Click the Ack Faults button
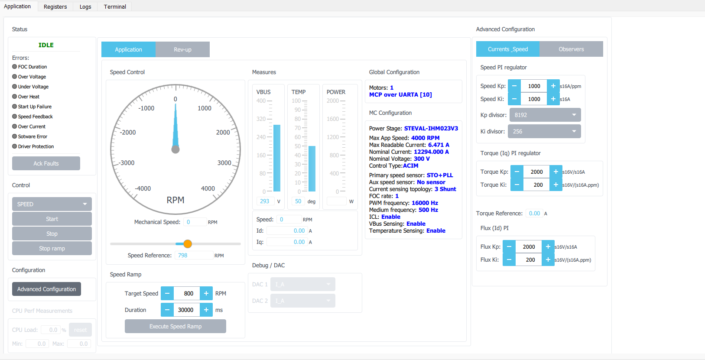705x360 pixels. click(46, 163)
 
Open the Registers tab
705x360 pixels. click(55, 6)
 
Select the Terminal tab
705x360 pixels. click(115, 6)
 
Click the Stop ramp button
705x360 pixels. click(52, 248)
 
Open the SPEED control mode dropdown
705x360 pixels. click(52, 204)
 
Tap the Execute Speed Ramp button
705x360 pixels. click(175, 326)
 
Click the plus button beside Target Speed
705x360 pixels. click(206, 293)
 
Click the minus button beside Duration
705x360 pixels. click(167, 310)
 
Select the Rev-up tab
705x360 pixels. click(182, 49)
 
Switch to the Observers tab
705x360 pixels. click(571, 49)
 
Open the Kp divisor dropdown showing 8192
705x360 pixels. click(545, 115)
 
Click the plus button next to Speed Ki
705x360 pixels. click(553, 99)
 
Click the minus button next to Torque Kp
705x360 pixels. click(517, 172)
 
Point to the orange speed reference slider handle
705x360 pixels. click(188, 244)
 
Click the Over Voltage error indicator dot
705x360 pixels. click(15, 77)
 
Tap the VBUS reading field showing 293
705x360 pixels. click(265, 201)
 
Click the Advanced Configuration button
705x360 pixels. click(46, 289)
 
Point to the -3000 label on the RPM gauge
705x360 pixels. click(127, 163)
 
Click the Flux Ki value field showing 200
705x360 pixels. click(530, 259)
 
